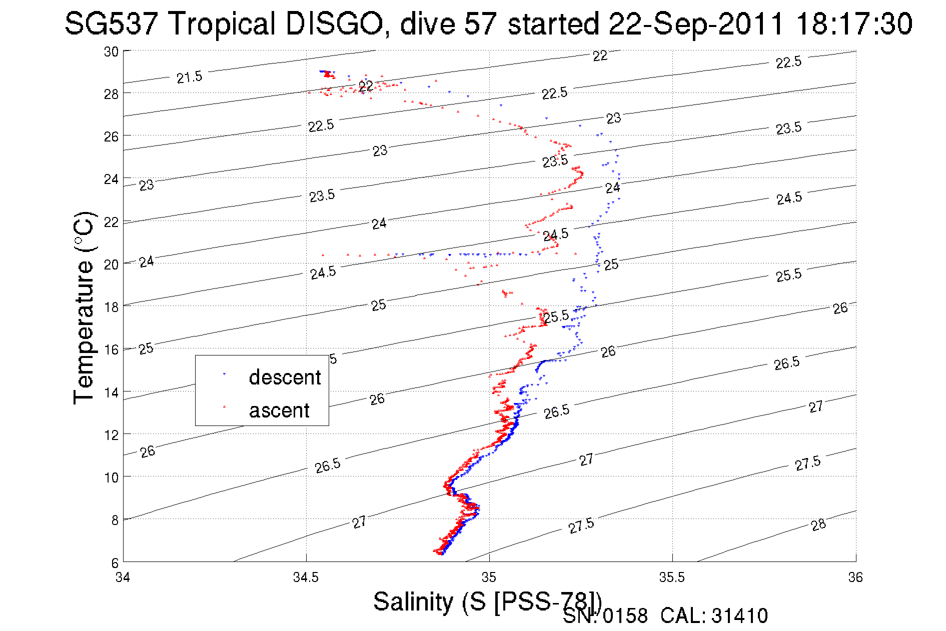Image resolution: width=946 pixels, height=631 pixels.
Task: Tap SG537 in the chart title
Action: (x=111, y=23)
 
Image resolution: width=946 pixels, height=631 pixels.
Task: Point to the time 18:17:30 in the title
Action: (x=854, y=23)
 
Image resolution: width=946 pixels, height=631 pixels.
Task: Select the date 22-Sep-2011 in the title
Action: (x=696, y=23)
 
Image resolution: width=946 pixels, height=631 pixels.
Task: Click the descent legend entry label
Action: (x=285, y=377)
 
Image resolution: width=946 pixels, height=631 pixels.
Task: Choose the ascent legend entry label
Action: (x=279, y=410)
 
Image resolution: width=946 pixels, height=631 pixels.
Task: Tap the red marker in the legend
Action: (x=224, y=407)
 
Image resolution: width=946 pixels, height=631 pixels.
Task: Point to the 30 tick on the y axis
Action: (x=111, y=51)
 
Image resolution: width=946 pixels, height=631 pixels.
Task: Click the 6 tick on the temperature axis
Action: (x=115, y=562)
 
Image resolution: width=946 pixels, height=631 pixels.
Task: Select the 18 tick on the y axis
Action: (x=111, y=307)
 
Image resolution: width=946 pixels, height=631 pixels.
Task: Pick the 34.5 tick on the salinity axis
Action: (x=306, y=577)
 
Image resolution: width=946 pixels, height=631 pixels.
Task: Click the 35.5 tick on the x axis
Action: (x=672, y=577)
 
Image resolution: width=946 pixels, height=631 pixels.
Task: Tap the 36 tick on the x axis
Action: (x=855, y=577)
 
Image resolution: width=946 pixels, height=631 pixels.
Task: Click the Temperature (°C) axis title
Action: (x=84, y=307)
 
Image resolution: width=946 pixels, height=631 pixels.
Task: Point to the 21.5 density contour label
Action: (x=189, y=77)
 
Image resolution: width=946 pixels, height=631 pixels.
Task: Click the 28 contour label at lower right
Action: (x=818, y=525)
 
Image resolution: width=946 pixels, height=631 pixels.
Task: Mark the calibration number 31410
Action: (x=739, y=616)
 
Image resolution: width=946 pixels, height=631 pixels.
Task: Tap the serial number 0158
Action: (x=625, y=616)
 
